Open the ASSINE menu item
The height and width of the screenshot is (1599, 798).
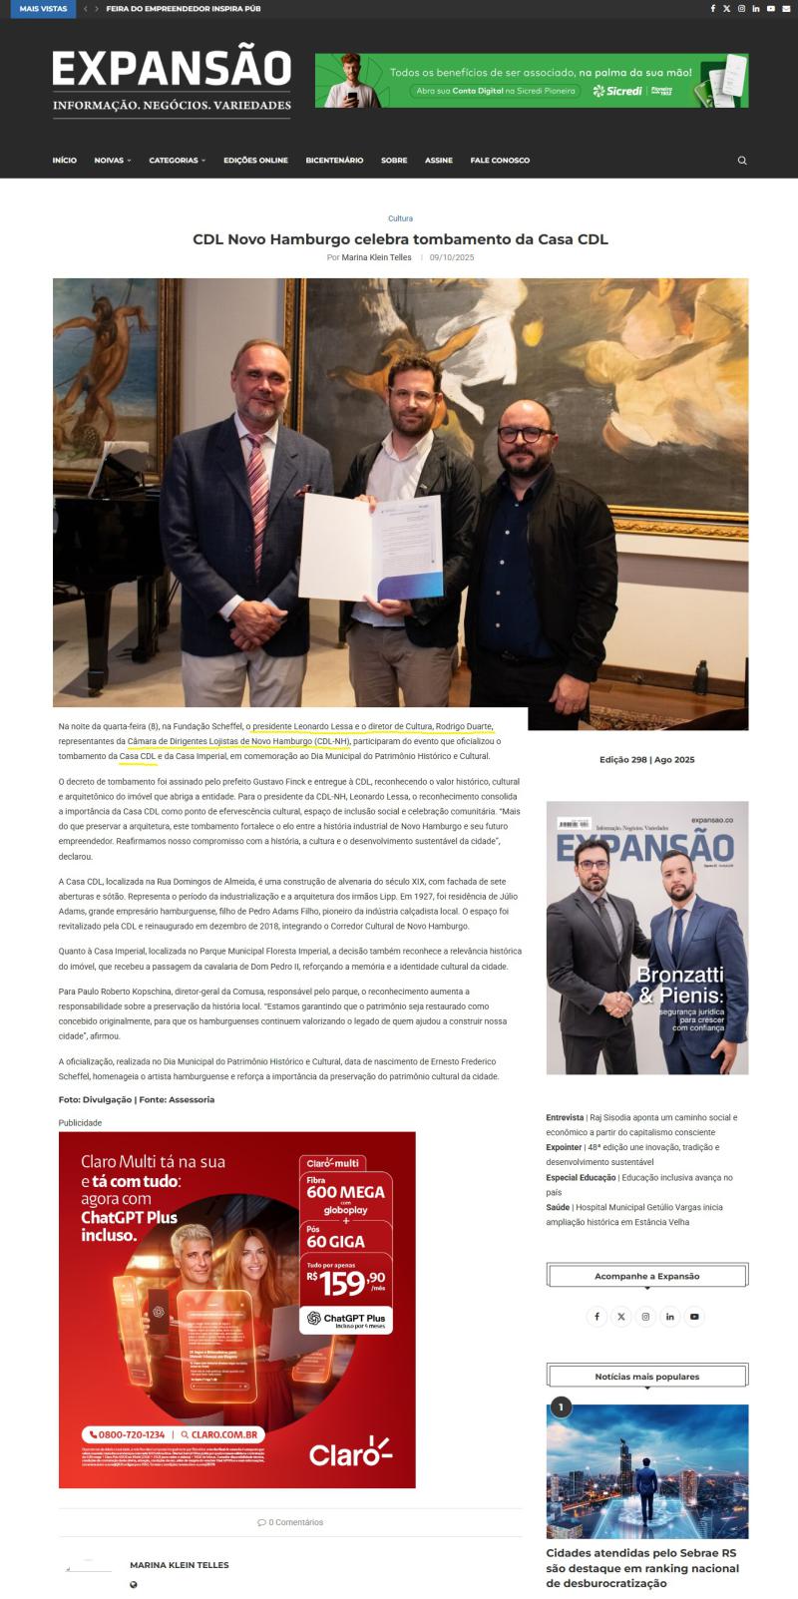click(x=438, y=161)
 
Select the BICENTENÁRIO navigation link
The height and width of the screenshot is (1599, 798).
click(x=334, y=161)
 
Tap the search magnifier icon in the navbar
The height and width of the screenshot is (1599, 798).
click(x=741, y=161)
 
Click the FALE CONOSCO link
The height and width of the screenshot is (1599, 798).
click(x=500, y=161)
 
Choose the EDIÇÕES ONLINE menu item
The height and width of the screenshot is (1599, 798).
click(x=255, y=161)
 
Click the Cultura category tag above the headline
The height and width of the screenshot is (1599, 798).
click(x=400, y=218)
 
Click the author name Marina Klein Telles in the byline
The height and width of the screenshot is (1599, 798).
click(x=376, y=257)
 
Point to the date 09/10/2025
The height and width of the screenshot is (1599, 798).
click(x=452, y=257)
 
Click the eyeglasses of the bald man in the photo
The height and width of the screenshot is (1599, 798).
click(x=522, y=435)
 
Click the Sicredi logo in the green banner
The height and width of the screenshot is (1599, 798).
click(x=618, y=91)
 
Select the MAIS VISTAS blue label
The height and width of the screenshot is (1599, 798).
click(x=43, y=9)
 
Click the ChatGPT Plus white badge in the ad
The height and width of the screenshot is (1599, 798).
click(x=345, y=1321)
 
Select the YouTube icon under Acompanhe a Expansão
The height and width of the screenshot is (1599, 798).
click(x=694, y=1317)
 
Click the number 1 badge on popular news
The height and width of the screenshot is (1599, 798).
click(x=561, y=1407)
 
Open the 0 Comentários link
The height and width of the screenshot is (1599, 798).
click(x=290, y=1522)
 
